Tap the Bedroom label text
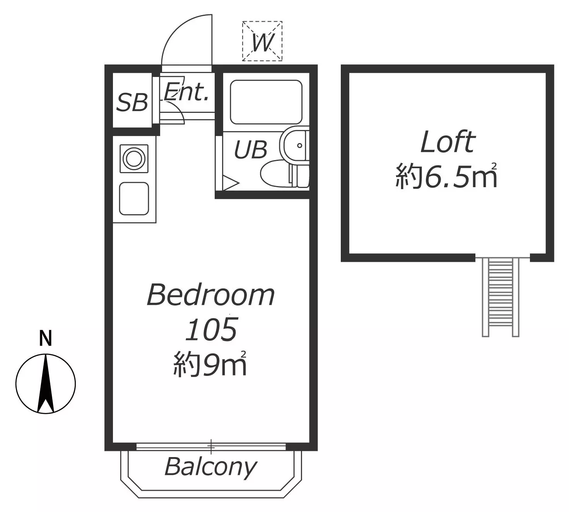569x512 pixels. tap(211, 295)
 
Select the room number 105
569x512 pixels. tap(211, 329)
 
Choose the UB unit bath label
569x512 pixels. tap(251, 149)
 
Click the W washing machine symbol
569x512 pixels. tap(262, 41)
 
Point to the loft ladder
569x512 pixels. tap(501, 297)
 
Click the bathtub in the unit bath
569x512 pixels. tap(266, 102)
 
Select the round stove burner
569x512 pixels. tap(134, 159)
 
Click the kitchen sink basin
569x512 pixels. tap(134, 198)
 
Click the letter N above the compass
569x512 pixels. tap(45, 338)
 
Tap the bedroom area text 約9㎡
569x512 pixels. tap(210, 364)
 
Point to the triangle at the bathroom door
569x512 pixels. tap(230, 183)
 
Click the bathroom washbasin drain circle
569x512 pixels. tap(299, 145)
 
